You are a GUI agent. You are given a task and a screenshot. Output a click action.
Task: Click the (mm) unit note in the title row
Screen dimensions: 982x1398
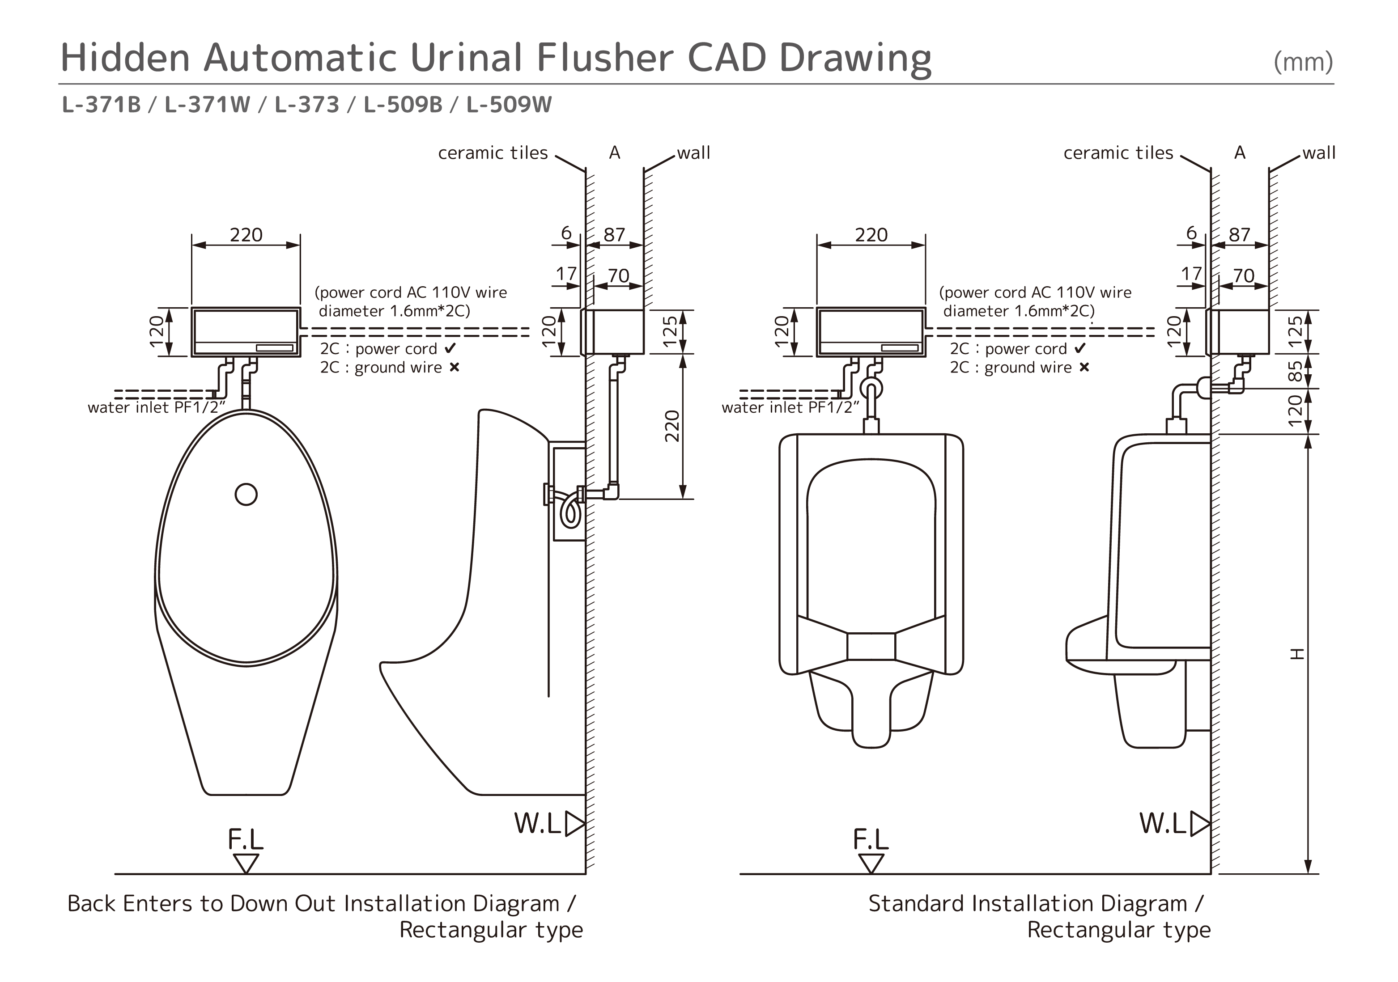point(1303,62)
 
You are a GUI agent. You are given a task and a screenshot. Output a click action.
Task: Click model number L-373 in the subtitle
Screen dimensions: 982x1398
point(307,105)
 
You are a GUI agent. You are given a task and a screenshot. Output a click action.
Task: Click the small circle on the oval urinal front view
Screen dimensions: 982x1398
point(246,494)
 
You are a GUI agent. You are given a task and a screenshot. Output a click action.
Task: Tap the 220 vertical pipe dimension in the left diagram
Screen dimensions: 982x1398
point(671,426)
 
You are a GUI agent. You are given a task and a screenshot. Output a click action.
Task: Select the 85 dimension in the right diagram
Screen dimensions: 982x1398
point(1296,371)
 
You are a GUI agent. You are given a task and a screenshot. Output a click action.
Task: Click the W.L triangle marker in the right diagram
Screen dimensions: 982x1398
point(1199,824)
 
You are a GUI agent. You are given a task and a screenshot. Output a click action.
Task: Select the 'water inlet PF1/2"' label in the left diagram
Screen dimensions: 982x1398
point(153,407)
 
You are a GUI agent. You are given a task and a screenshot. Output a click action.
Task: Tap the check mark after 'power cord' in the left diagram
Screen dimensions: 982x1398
point(450,349)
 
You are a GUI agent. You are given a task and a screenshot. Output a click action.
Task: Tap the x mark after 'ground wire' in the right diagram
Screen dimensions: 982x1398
point(1084,368)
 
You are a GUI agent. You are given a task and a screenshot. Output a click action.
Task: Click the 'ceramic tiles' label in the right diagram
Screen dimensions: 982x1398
point(1118,153)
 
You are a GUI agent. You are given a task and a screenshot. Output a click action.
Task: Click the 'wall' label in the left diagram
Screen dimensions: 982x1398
point(693,153)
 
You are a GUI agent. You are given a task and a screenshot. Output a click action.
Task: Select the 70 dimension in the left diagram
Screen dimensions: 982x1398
point(619,276)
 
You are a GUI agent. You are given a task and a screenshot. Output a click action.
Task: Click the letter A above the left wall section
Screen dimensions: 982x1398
point(614,153)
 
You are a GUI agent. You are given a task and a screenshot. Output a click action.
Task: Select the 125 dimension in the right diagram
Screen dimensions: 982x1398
point(1296,331)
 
